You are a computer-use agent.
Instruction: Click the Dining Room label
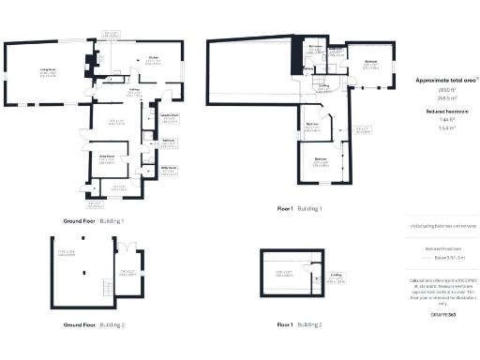tap(107, 155)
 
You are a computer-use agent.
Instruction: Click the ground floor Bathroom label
tap(169, 140)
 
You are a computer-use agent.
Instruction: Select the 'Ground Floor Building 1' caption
tap(94, 219)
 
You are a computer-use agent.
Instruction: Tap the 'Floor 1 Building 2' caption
tap(299, 323)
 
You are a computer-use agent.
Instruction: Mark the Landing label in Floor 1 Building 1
tap(322, 86)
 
